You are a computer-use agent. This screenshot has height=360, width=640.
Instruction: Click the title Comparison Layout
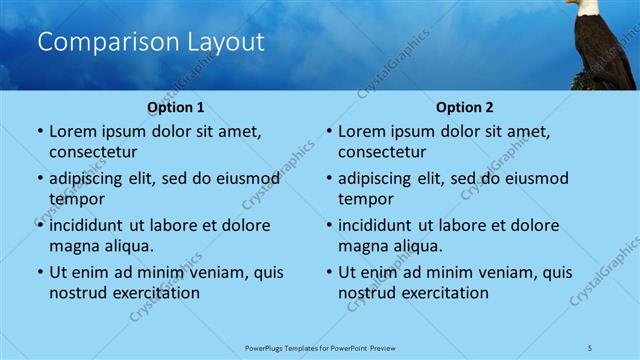pos(151,42)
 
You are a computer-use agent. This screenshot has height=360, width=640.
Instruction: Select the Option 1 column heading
pos(176,107)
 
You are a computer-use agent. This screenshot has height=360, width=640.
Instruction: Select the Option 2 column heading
pos(465,107)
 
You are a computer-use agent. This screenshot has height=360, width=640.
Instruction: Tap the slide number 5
pos(591,346)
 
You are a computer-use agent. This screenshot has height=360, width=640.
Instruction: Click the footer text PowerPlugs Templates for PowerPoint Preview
pos(320,346)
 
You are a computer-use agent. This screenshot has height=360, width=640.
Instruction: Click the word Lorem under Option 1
pos(73,131)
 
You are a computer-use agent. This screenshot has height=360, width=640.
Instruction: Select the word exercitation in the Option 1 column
pos(155,293)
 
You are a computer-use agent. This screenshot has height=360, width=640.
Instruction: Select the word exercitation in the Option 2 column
pos(444,293)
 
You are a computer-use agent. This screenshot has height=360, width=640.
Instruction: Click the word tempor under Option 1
pos(76,199)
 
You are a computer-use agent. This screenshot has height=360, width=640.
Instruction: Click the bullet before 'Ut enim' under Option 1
pos(38,272)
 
